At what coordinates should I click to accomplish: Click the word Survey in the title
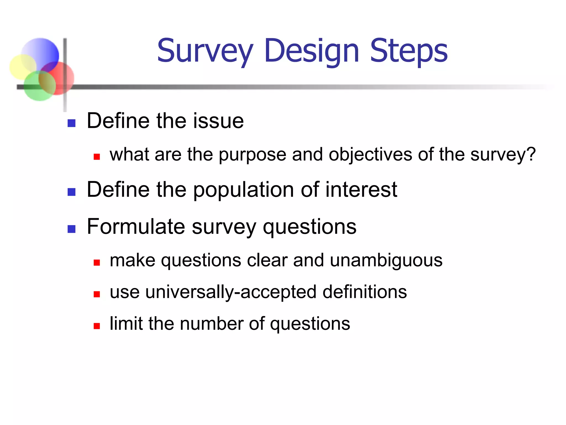coord(205,51)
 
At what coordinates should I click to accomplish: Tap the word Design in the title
coord(311,51)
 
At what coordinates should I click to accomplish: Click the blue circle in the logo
coord(41,51)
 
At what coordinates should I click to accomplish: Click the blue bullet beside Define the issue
coord(72,123)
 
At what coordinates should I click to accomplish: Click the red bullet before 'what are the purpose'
coord(96,157)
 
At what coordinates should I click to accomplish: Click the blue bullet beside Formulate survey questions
coord(72,229)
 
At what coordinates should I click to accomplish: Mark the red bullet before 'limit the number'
coord(96,326)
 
